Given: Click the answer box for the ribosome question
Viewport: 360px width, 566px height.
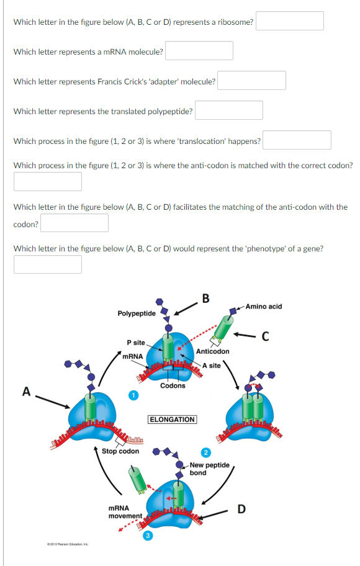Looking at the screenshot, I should pos(290,21).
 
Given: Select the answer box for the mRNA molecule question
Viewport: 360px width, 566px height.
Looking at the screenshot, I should pos(199,51).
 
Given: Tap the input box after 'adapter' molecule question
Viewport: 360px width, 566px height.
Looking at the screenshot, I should pos(251,81).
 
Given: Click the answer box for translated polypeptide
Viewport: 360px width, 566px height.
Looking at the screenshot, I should pos(229,110).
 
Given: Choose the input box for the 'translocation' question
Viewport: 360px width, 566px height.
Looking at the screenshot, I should pos(297,140).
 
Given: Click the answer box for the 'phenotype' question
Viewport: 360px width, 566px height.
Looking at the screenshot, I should pos(48,264).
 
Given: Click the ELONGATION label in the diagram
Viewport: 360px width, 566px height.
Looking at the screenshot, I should pos(172,420).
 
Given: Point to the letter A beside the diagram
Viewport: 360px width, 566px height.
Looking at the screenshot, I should pos(26,391).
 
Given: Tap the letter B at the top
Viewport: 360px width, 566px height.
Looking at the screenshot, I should pos(206,297).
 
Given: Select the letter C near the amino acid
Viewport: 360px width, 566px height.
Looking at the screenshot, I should pos(265,338).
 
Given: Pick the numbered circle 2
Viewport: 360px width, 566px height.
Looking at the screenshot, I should pos(205,452).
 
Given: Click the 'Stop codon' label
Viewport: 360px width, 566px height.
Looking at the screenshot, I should pos(120,451).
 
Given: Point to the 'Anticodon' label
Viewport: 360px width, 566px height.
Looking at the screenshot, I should pos(213,351).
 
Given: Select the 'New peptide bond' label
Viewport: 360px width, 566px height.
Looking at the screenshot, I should pos(209,469).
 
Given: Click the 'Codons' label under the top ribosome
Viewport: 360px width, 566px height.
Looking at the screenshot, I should pos(173,385).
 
